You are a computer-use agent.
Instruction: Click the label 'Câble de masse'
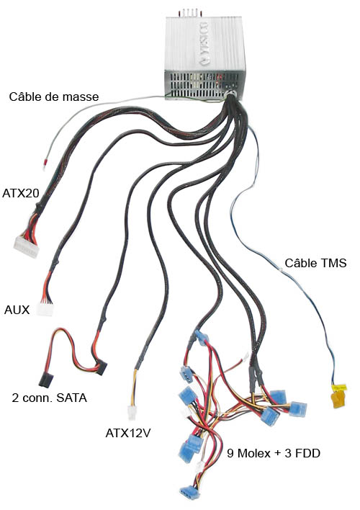54,97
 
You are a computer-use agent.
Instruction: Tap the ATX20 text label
20,193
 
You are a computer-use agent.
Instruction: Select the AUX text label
17,310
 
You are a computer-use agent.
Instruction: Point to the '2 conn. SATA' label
50,398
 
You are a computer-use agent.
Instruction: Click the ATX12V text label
128,433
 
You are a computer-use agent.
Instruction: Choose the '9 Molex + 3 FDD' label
274,453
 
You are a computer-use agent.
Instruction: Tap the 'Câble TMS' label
315,263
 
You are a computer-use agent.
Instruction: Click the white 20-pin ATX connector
26,246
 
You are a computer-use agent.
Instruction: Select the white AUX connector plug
45,309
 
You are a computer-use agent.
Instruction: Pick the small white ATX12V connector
131,413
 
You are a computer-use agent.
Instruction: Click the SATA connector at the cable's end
46,380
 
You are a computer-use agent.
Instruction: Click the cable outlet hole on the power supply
232,94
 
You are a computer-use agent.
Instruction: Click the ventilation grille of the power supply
204,84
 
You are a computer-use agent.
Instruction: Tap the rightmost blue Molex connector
298,409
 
